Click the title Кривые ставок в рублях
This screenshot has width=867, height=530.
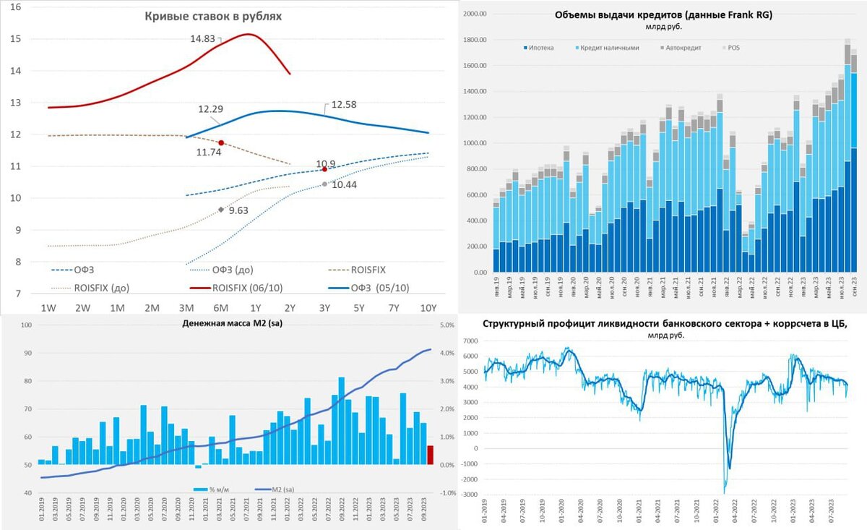pyautogui.click(x=213, y=16)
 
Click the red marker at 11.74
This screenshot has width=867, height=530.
pyautogui.click(x=222, y=142)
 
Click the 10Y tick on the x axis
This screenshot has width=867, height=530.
pyautogui.click(x=428, y=308)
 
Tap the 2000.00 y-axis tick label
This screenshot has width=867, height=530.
pyautogui.click(x=474, y=14)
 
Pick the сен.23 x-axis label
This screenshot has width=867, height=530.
pyautogui.click(x=854, y=288)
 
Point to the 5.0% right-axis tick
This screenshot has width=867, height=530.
pyautogui.click(x=446, y=325)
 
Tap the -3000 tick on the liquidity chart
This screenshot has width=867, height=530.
pyautogui.click(x=470, y=494)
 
